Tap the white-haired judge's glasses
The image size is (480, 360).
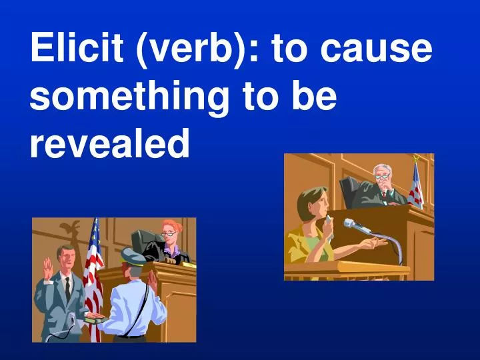pyautogui.click(x=381, y=177)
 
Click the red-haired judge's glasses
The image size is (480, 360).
pyautogui.click(x=169, y=234)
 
